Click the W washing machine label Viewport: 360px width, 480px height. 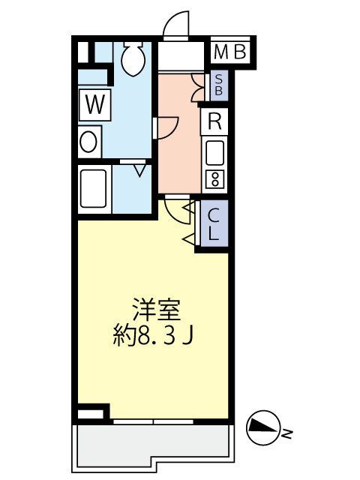click(94, 105)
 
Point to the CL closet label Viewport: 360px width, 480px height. click(214, 224)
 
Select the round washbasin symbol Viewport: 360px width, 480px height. click(89, 141)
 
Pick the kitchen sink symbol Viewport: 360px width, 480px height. click(215, 154)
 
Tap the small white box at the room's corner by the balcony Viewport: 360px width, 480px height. click(92, 413)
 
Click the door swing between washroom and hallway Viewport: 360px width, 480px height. click(166, 127)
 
